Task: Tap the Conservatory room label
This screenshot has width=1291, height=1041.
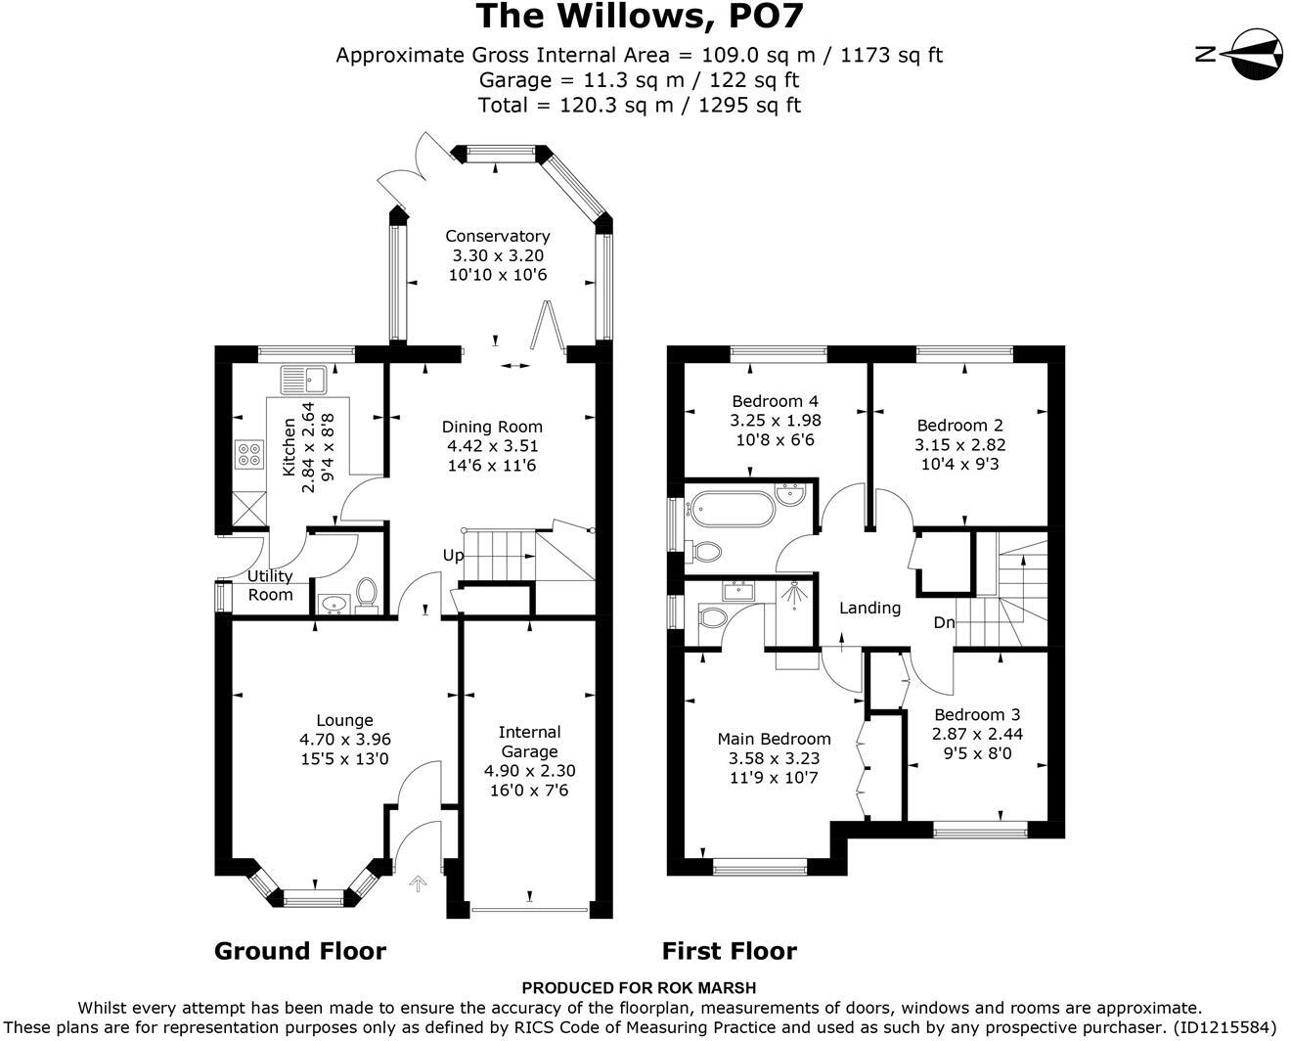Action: click(x=497, y=236)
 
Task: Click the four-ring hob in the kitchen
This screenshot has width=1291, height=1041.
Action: click(x=248, y=453)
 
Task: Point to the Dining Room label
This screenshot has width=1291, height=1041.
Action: click(x=492, y=427)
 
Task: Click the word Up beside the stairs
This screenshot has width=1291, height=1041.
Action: click(x=453, y=556)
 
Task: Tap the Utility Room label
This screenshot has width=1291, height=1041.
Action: click(x=270, y=585)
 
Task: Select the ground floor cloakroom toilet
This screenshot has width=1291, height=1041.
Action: click(x=367, y=593)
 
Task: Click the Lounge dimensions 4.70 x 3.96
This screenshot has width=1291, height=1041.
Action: click(x=344, y=740)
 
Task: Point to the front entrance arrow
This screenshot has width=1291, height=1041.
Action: click(x=417, y=884)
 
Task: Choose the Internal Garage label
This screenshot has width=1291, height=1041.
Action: click(x=529, y=742)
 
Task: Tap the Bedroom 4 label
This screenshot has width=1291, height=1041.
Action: click(x=775, y=401)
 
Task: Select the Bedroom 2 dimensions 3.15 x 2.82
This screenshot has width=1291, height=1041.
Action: click(x=959, y=444)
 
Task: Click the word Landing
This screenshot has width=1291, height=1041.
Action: click(x=869, y=608)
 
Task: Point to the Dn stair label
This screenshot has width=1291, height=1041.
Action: click(x=944, y=622)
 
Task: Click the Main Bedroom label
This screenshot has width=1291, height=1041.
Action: click(x=774, y=739)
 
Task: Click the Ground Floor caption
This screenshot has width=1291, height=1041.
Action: click(x=300, y=951)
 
